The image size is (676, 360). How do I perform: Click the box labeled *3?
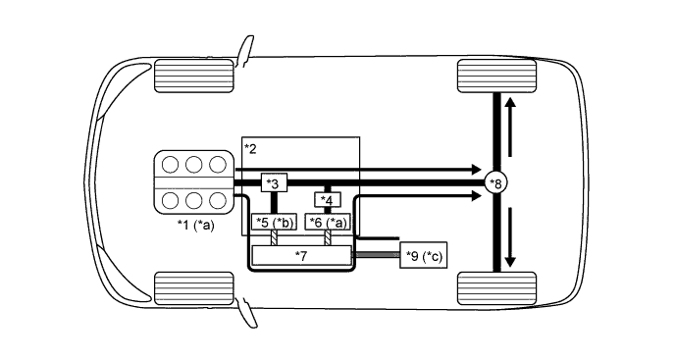273,183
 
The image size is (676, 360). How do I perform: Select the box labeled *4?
328,201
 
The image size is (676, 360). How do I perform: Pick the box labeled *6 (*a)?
328,223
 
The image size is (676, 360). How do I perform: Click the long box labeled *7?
301,255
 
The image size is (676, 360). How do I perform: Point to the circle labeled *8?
497,183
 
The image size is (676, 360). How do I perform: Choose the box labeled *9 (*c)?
424,256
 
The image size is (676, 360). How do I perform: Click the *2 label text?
250,148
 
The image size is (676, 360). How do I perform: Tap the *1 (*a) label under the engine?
195,226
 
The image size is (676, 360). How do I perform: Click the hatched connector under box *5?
275,238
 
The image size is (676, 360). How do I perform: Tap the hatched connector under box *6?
328,238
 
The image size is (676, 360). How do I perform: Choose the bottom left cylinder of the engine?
171,201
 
